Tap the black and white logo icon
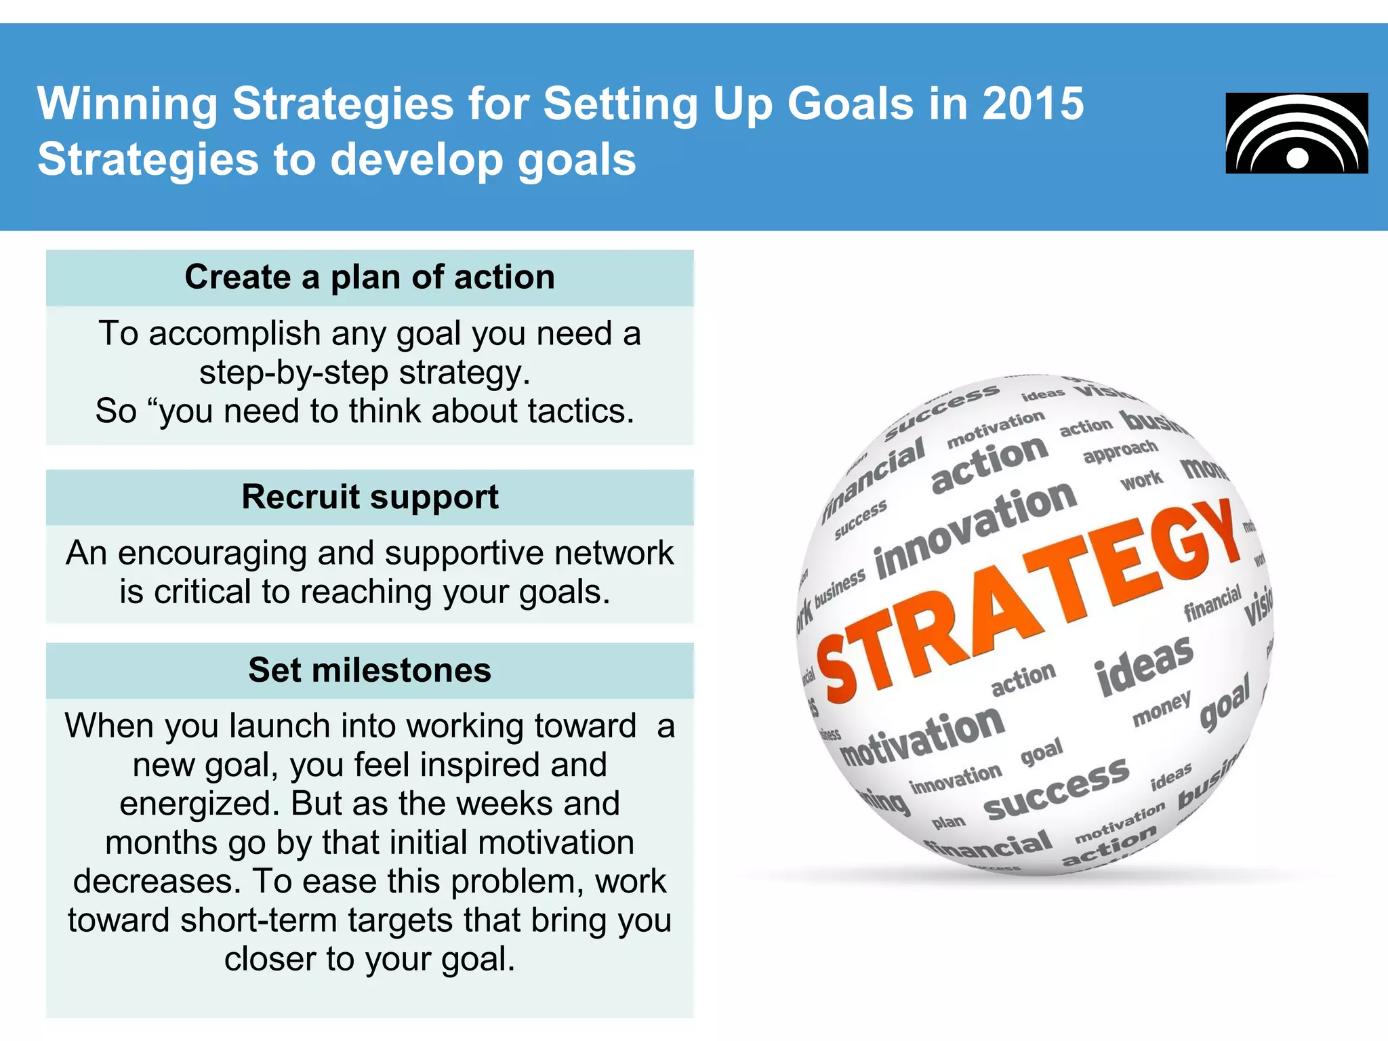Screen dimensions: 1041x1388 pos(1297,134)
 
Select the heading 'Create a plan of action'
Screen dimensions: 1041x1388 pos(370,277)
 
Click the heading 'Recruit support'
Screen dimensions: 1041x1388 pos(370,497)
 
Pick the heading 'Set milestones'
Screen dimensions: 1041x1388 pos(370,670)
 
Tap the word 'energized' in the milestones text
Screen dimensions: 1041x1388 pos(200,804)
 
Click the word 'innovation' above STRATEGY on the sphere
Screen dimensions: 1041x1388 pos(976,529)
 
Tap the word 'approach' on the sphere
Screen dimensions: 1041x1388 pos(1120,451)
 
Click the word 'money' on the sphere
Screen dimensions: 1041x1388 pos(1162,708)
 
